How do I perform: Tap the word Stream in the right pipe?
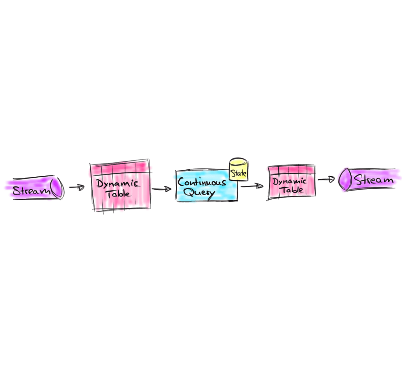tap(374, 180)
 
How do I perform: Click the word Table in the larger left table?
tap(119, 194)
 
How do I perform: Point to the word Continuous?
tap(202, 182)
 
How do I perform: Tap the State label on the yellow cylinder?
tap(238, 173)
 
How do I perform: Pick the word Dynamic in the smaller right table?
tap(289, 181)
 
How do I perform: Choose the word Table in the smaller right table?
tap(292, 190)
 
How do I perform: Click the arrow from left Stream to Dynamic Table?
tap(77, 187)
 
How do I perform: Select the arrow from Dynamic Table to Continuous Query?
tap(162, 189)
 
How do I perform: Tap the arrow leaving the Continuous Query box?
tap(252, 186)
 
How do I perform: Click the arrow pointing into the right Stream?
tap(326, 179)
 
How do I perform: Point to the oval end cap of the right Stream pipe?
tap(346, 179)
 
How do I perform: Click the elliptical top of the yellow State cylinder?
tap(238, 162)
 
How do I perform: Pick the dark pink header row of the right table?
tap(291, 170)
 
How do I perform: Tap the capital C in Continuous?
tap(181, 182)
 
